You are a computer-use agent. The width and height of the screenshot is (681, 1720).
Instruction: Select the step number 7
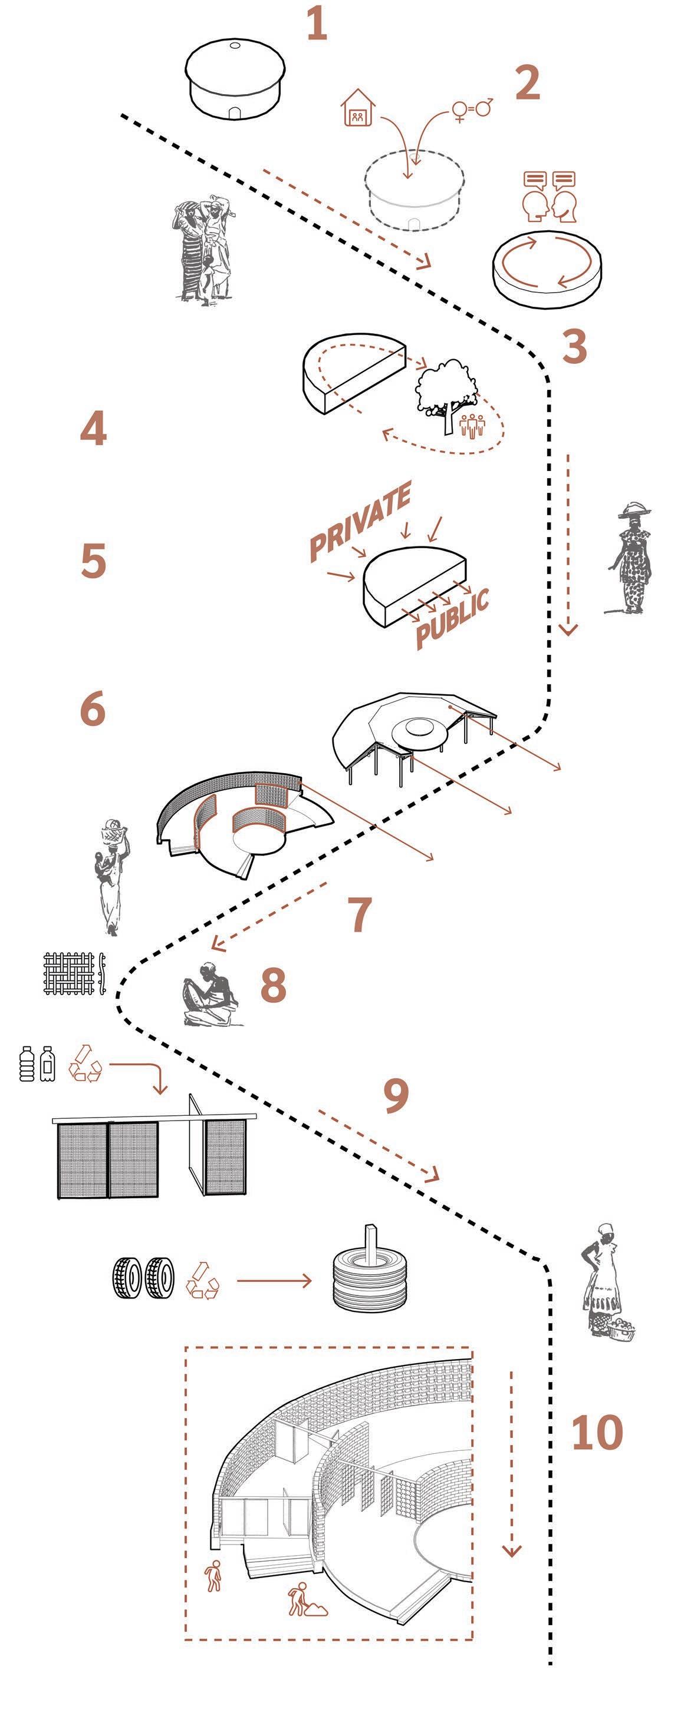click(x=360, y=914)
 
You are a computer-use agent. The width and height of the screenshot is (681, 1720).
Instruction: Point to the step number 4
click(x=93, y=429)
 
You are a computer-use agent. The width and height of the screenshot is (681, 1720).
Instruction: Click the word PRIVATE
click(x=360, y=521)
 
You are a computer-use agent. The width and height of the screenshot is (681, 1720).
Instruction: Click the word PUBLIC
click(x=452, y=618)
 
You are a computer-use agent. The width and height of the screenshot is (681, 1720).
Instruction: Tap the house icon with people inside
click(x=358, y=108)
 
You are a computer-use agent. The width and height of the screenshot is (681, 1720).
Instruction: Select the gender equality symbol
click(x=472, y=108)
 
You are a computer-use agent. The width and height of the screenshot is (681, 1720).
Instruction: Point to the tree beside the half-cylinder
click(x=446, y=393)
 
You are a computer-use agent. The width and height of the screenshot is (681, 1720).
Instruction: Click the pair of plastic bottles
click(x=37, y=1063)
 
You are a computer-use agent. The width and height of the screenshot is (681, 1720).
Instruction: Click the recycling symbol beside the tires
click(x=201, y=1280)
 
